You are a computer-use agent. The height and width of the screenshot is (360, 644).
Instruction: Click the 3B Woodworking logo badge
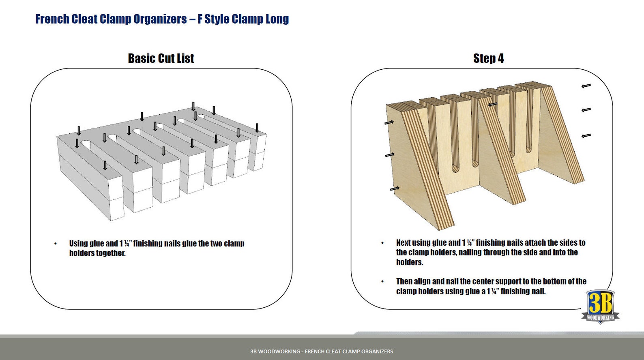click(x=600, y=306)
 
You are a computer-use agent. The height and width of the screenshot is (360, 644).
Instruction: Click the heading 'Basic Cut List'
click(x=161, y=58)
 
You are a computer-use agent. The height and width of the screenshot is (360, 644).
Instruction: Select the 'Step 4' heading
click(x=488, y=58)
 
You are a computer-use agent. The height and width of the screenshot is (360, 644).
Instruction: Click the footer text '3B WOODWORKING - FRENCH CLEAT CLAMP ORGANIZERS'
click(x=322, y=351)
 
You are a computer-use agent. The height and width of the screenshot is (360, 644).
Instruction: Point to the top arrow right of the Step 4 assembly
click(x=586, y=86)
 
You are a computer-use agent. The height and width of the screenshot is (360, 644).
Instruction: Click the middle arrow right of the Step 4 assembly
click(x=586, y=109)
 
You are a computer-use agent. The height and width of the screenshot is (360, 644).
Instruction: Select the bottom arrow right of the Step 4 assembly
click(x=586, y=135)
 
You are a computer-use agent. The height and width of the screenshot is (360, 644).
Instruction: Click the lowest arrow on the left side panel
click(x=394, y=189)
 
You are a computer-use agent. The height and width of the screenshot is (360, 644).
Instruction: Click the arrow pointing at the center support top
click(x=492, y=105)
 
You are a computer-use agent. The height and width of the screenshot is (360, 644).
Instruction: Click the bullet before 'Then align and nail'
click(x=382, y=281)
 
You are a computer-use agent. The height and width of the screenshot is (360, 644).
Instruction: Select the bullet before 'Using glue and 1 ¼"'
click(x=56, y=244)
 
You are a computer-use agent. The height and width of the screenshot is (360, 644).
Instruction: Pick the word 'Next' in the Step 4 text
click(x=403, y=243)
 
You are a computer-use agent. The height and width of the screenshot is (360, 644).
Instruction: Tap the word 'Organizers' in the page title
click(x=160, y=19)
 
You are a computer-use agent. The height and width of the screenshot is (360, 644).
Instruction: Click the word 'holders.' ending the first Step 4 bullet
click(x=410, y=262)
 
